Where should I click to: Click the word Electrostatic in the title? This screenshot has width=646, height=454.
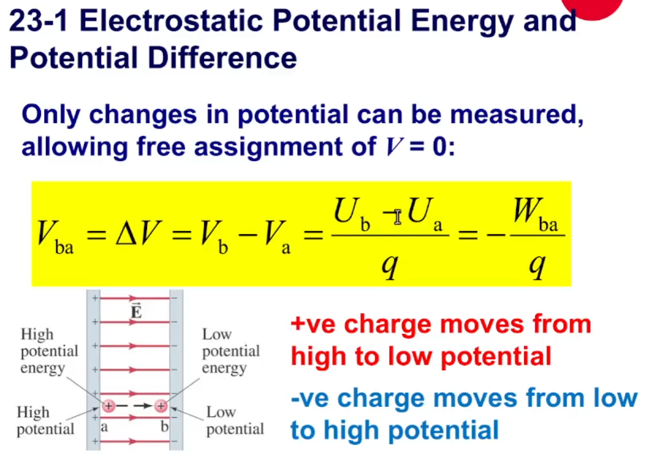[x=170, y=21]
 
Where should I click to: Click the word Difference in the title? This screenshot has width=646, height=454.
[x=222, y=57]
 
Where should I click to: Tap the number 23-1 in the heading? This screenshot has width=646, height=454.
[x=38, y=21]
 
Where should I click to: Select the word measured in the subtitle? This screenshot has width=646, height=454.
[x=516, y=114]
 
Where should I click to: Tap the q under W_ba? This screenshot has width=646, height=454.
[x=538, y=265]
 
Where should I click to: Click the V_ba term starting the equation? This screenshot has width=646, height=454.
[x=55, y=237]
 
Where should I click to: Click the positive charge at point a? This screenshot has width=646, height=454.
[x=108, y=406]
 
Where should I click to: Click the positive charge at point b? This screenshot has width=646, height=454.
[x=161, y=406]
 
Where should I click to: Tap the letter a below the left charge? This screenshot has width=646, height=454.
[x=104, y=426]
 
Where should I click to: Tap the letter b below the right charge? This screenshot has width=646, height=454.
[x=165, y=425]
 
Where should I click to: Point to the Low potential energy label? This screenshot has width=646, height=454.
[x=231, y=351]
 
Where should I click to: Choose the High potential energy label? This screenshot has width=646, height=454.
[x=49, y=351]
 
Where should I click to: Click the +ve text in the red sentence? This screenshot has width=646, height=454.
[x=313, y=324]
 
